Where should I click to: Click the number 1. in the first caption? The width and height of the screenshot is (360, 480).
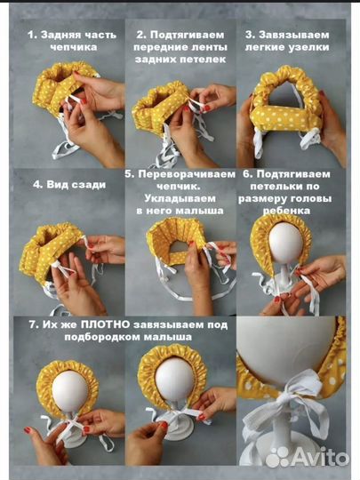(x=33, y=36)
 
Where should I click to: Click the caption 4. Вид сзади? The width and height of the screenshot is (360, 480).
(x=64, y=185)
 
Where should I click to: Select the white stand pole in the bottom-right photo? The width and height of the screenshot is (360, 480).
(x=289, y=444)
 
